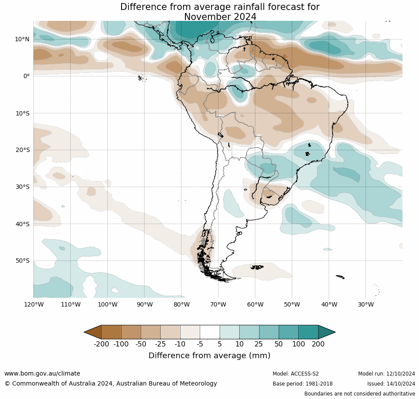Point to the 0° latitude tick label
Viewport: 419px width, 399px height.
click(26, 76)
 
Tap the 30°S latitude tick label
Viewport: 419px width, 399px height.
click(22, 187)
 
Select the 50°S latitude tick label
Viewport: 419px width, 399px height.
click(22, 261)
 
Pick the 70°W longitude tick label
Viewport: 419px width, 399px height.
click(218, 304)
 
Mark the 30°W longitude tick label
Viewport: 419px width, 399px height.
click(366, 304)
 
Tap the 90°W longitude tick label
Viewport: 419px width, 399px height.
click(144, 304)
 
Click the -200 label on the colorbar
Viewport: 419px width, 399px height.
click(101, 344)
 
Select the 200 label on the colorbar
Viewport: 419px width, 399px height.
click(318, 344)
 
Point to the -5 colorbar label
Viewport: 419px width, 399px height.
click(200, 344)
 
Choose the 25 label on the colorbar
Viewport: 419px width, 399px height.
click(259, 344)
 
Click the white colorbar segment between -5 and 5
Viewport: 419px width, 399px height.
click(210, 332)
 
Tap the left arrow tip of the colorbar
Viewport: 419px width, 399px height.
click(86, 332)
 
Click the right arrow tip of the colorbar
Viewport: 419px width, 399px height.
click(334, 332)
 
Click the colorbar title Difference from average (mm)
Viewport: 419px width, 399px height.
click(209, 356)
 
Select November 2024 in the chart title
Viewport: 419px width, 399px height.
click(220, 17)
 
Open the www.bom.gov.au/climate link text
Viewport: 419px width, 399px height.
click(42, 373)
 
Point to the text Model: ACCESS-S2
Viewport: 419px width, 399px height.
click(295, 374)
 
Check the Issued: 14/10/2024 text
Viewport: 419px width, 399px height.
click(391, 384)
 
